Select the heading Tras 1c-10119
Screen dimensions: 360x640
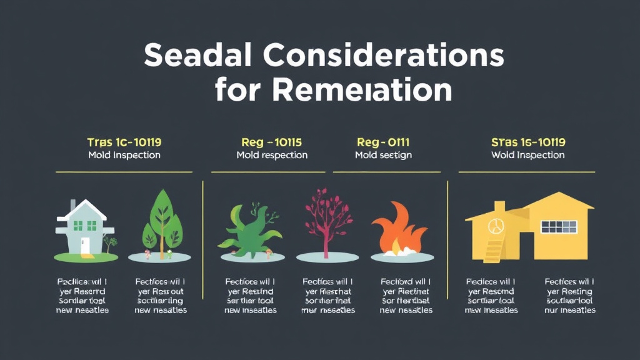pyautogui.click(x=124, y=142)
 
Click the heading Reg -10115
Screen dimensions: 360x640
pyautogui.click(x=272, y=142)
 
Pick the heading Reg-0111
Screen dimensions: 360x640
pyautogui.click(x=382, y=142)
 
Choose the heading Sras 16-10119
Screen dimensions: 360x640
pyautogui.click(x=529, y=142)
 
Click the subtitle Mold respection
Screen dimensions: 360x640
pyautogui.click(x=272, y=155)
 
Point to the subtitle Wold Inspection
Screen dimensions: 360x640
pyautogui.click(x=529, y=155)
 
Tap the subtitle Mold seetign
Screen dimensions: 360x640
pyautogui.click(x=382, y=155)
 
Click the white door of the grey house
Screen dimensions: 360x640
pyautogui.click(x=86, y=244)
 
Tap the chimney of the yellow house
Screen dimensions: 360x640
pyautogui.click(x=499, y=206)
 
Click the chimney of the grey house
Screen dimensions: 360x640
pyautogui.click(x=73, y=206)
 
